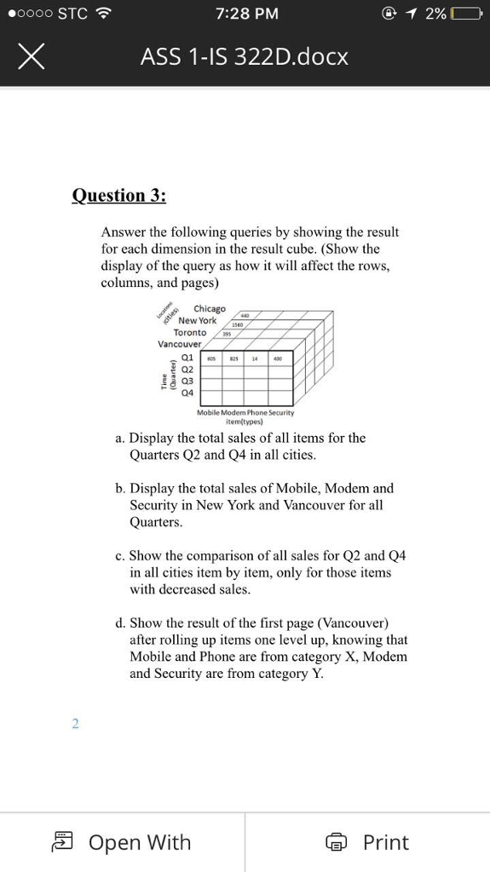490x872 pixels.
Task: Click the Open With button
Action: pos(122,842)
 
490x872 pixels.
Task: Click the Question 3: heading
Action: pos(119,195)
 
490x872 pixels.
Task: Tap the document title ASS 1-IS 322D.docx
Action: pos(245,57)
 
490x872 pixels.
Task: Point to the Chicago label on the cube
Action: pos(210,308)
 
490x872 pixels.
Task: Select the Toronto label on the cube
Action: pos(189,332)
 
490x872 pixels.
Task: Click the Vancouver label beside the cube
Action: pos(179,344)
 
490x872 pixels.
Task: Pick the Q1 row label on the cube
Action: pos(187,359)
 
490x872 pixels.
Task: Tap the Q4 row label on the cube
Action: pos(187,393)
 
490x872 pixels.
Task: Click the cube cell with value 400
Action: pos(278,359)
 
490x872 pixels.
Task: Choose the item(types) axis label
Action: pos(245,421)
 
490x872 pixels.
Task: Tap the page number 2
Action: pos(75,723)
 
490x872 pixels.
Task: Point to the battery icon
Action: pos(468,14)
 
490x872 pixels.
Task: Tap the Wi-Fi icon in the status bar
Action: pos(105,14)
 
